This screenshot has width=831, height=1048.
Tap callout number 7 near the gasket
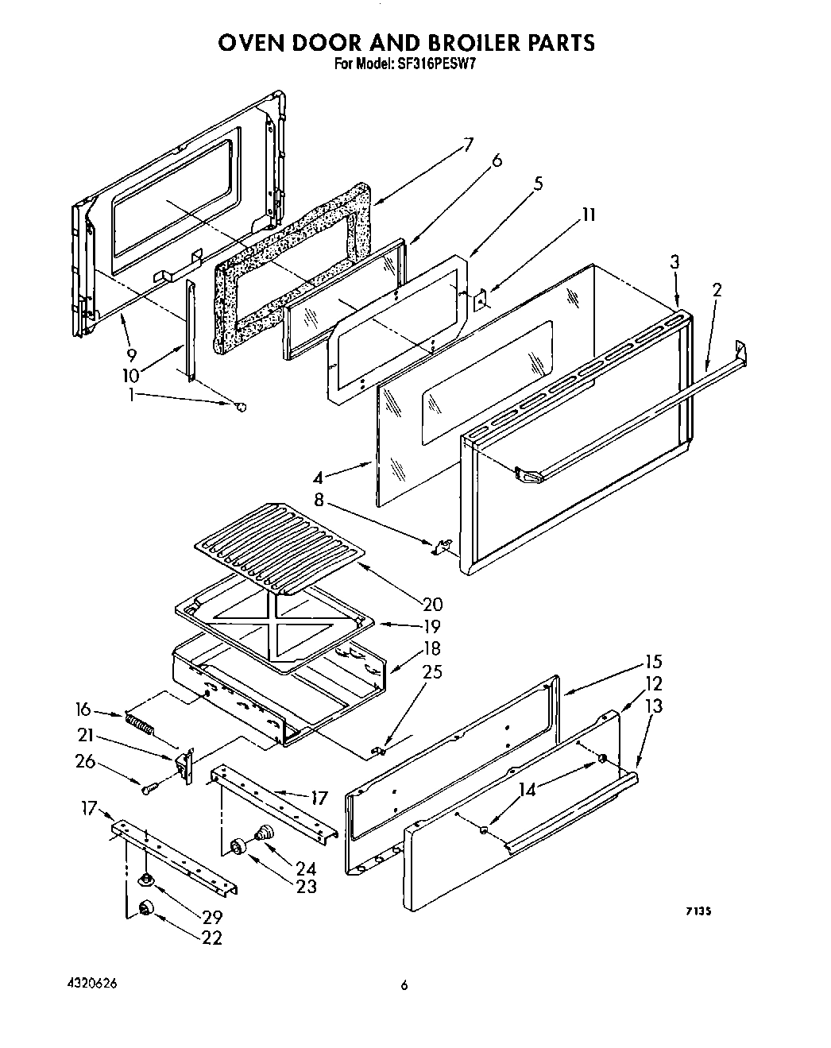pos(468,145)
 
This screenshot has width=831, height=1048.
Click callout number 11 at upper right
pos(588,215)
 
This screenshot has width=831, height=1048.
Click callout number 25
pos(432,672)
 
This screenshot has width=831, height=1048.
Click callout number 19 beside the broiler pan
pos(431,626)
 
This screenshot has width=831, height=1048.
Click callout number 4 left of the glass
pos(318,478)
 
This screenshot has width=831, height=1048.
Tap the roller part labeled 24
pos(263,833)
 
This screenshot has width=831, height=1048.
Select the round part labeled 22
pos(145,908)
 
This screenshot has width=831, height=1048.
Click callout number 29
pos(211,916)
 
